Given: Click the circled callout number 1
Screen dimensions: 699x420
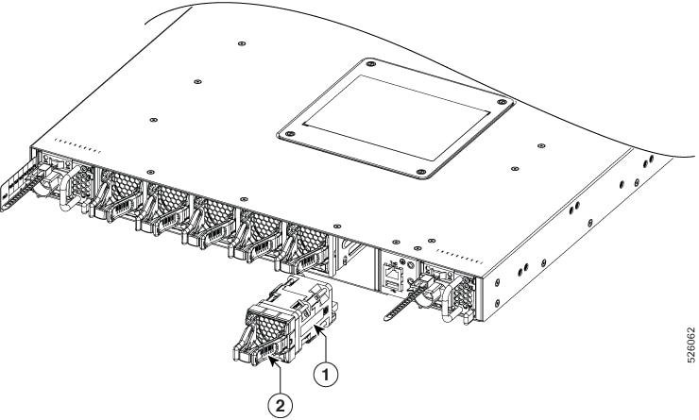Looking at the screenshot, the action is tap(326, 374).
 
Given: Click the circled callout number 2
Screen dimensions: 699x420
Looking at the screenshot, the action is tap(280, 405).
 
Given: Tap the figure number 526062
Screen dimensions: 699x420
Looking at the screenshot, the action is tap(690, 345).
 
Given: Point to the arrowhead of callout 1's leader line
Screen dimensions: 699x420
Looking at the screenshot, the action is tap(317, 328).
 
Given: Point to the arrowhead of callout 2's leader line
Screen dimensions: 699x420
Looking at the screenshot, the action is tap(271, 359).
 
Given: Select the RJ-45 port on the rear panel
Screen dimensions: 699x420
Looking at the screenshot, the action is tap(392, 271).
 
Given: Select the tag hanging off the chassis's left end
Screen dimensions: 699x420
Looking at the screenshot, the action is tap(18, 185).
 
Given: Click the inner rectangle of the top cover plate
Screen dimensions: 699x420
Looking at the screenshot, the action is tap(396, 117).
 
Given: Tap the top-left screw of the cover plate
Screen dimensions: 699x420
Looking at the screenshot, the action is tap(370, 64).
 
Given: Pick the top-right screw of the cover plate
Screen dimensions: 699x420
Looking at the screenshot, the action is tap(503, 102).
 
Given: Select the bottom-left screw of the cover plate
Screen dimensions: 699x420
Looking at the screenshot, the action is tap(289, 134).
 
